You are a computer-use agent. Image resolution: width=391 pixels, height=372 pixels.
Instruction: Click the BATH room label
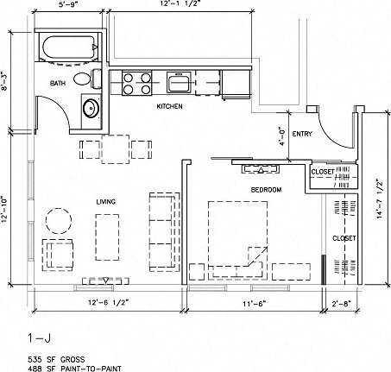point(58,84)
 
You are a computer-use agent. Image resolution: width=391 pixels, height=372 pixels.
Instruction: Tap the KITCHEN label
point(169,106)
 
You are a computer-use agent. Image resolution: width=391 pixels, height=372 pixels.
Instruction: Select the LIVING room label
point(107,201)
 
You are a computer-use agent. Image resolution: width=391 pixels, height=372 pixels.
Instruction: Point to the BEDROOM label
point(265,189)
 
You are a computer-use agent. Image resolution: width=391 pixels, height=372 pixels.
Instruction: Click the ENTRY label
point(302,134)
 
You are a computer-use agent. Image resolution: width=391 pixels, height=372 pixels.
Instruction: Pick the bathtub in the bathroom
point(70,49)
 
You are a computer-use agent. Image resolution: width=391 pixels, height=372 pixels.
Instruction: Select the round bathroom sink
point(90,109)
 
